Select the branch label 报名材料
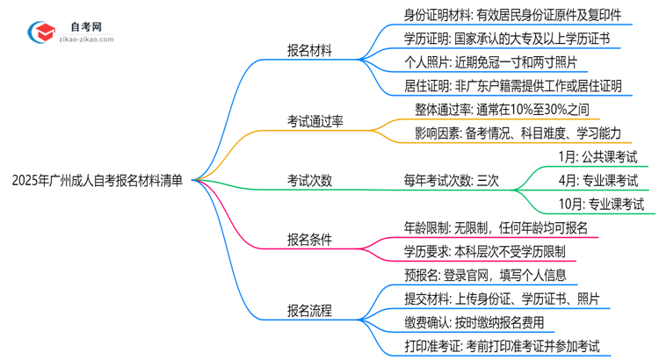[x=309, y=50]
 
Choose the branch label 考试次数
[x=309, y=180]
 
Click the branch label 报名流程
[x=309, y=310]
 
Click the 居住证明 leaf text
[x=512, y=86]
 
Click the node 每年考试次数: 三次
[x=452, y=180]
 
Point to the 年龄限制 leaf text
[x=494, y=227]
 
